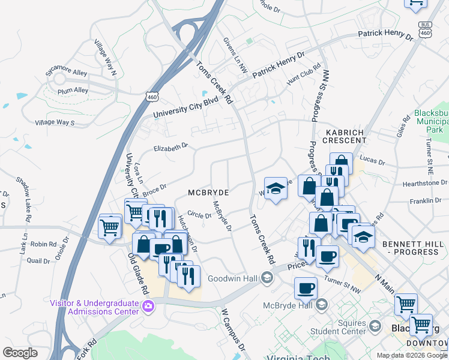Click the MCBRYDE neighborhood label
point(208,193)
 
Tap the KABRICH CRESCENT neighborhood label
point(346,136)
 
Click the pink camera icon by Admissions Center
point(148,307)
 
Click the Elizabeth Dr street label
point(170,147)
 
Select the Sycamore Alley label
point(67,73)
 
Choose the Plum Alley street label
point(73,91)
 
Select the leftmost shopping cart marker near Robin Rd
point(110,227)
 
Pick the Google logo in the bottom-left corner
point(20,353)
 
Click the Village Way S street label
point(55,122)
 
